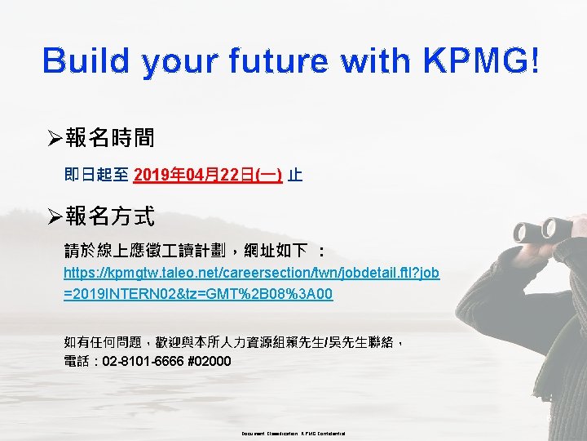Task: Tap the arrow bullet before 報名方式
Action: coord(55,216)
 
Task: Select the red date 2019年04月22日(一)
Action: coord(208,175)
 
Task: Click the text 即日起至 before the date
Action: coord(96,175)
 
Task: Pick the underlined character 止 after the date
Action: coord(295,175)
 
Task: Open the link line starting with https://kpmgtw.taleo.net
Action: coord(252,273)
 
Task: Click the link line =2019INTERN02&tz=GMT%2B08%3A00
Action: coord(198,293)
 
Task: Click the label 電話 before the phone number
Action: coord(77,361)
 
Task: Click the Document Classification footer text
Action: coord(293,433)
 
